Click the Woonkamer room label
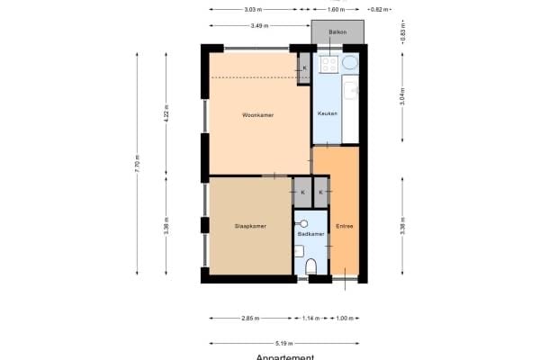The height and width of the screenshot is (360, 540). click(257, 115)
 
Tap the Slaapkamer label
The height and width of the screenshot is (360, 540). click(249, 226)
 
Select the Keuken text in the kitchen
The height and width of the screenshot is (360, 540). click(327, 114)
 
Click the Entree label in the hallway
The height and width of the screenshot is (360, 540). click(344, 226)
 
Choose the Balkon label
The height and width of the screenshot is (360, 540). click(337, 31)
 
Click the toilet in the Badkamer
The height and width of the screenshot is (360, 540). click(312, 265)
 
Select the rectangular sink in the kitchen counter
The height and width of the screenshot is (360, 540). click(351, 90)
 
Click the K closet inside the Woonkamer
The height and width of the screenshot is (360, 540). click(304, 68)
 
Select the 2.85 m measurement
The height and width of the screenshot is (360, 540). click(251, 318)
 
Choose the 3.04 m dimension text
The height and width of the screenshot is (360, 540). click(401, 96)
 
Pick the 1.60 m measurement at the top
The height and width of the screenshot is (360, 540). click(335, 10)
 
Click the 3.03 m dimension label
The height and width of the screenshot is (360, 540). click(254, 10)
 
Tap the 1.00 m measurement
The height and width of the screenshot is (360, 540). click(345, 318)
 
